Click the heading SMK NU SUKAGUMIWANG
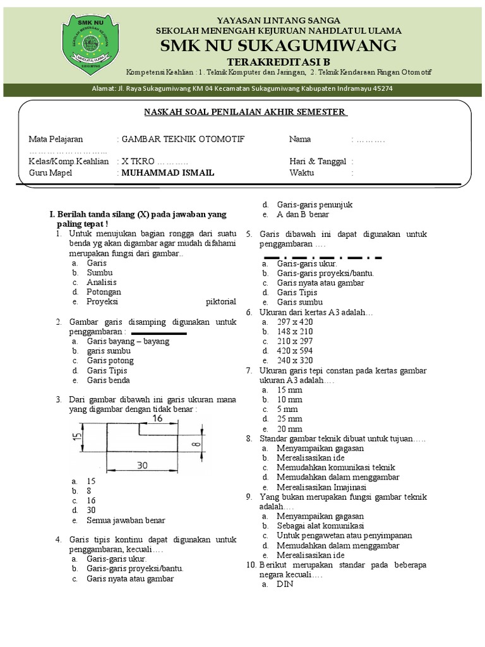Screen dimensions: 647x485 pos(278,45)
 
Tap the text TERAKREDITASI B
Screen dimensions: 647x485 pos(278,62)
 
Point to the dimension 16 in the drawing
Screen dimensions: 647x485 pos(157,418)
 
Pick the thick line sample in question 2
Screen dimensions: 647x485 pos(159,332)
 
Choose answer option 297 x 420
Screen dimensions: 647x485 pos(295,322)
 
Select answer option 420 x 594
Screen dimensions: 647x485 pos(295,351)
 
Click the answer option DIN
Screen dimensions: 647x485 pos(285,584)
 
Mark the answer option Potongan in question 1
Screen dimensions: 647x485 pos(104,292)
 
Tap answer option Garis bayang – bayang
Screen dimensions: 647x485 pos(128,341)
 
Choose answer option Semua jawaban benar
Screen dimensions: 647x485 pos(126,520)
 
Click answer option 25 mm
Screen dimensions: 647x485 pos(289,419)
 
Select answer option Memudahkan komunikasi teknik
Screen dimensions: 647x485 pos(331,468)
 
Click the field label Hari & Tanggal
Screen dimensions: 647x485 pos(317,162)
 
